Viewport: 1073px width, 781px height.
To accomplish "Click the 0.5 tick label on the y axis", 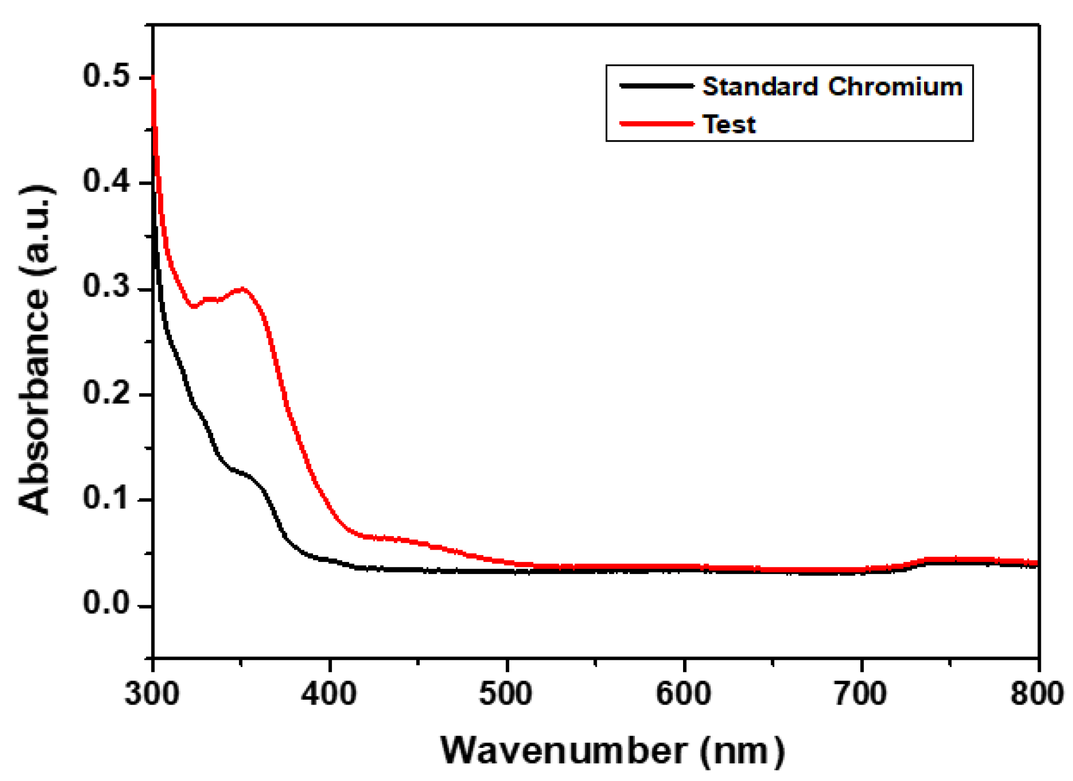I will pos(106,76).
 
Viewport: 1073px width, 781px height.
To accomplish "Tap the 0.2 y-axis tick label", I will pos(106,392).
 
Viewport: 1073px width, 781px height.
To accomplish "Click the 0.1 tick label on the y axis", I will pos(106,498).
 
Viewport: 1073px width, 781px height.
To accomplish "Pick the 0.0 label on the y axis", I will pos(106,604).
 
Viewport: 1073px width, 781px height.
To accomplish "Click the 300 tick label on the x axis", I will pos(152,694).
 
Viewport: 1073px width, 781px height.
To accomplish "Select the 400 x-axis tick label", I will pos(329,694).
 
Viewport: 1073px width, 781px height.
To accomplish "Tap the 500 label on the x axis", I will pos(506,694).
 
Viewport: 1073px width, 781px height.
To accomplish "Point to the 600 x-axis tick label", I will pos(683,694).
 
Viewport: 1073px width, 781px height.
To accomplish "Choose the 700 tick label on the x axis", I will pos(860,694).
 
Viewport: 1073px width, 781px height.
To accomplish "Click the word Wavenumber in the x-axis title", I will pos(564,750).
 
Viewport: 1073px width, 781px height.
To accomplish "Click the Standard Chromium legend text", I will pos(832,87).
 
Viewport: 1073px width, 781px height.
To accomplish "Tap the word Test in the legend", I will pos(729,125).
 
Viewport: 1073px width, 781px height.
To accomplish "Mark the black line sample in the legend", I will pos(656,86).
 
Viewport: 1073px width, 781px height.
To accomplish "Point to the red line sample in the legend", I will pos(656,124).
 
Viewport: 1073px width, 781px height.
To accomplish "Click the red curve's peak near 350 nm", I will pos(242,290).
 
